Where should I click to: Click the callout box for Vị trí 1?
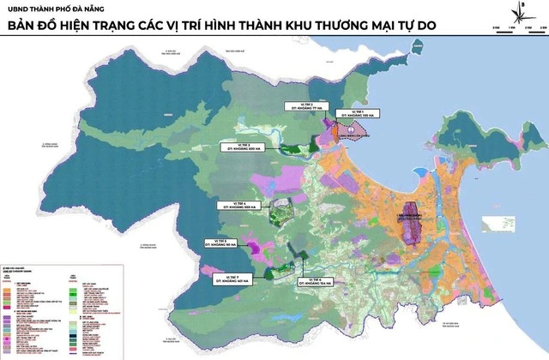[353, 112]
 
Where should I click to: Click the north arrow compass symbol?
[522, 12]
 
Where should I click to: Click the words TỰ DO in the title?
[413, 25]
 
